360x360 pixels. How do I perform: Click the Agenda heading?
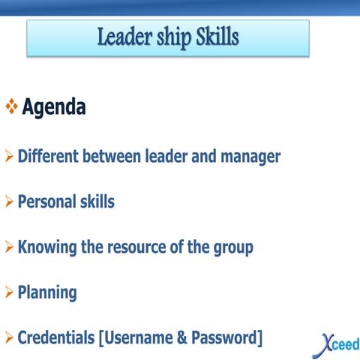[54, 107]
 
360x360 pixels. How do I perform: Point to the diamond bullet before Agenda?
[11, 107]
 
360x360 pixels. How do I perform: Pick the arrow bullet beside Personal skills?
[9, 202]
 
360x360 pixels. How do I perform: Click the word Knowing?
[47, 247]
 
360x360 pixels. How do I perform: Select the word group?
[232, 247]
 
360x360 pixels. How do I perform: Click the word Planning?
[47, 292]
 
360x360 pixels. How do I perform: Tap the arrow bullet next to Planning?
[9, 292]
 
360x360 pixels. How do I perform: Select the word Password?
[224, 337]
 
